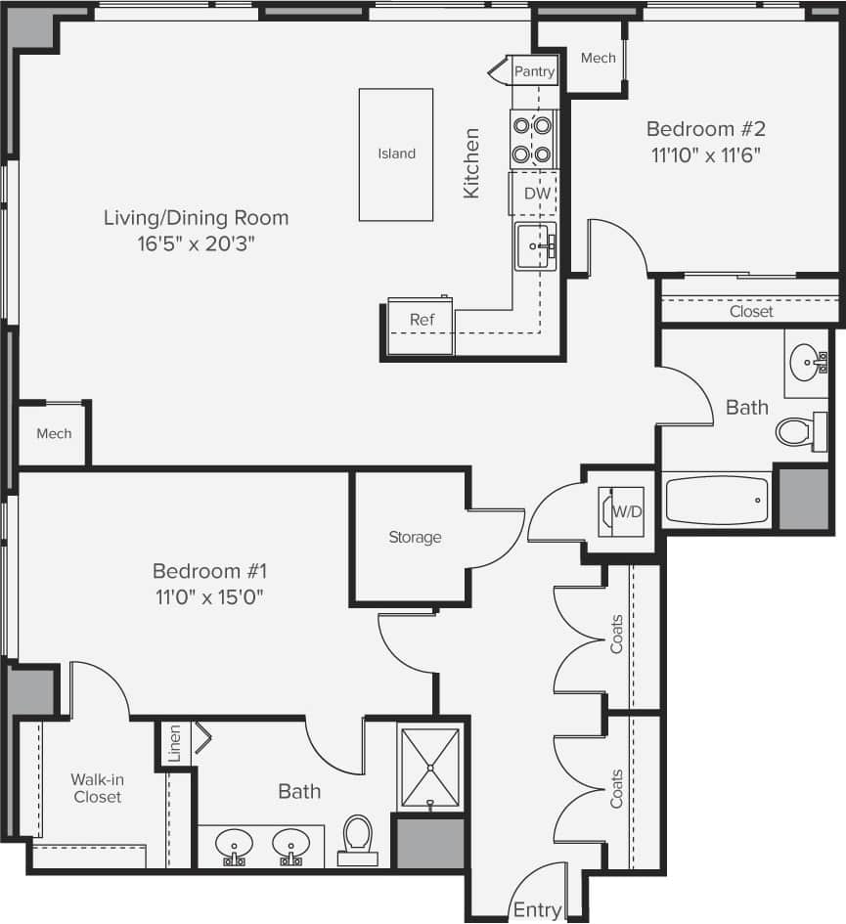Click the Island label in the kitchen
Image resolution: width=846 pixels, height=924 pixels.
(397, 154)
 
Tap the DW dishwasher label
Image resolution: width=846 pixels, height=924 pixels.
(537, 194)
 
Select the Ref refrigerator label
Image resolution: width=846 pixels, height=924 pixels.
(422, 320)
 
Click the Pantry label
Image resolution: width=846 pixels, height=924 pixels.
(535, 71)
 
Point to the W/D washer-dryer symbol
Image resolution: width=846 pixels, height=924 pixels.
(621, 510)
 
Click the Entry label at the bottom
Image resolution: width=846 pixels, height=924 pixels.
(537, 910)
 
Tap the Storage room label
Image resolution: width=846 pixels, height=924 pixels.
(415, 537)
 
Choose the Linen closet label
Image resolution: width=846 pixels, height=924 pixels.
(175, 744)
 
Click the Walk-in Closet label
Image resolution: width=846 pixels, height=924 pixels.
(96, 788)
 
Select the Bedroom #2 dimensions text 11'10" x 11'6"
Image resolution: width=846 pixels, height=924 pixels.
(705, 154)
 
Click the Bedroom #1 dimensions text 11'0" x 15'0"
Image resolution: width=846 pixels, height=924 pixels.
(209, 595)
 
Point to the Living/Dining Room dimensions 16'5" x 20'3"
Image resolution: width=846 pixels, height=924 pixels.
(196, 243)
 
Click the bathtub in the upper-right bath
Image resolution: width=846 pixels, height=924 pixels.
(718, 500)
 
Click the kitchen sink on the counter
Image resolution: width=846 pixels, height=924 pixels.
(535, 245)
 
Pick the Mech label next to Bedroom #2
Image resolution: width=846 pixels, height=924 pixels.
(598, 58)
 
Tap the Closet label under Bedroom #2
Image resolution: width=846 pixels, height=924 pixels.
(751, 311)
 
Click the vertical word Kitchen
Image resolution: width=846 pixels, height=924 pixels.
(471, 163)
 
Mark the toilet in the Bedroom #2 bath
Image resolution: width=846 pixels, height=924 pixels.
(797, 431)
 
